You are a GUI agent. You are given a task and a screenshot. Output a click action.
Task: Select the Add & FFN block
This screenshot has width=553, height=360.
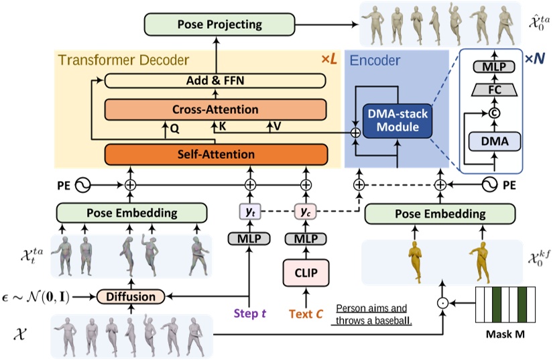[x=215, y=80]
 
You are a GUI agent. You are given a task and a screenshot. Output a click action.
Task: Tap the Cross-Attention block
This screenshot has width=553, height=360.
[x=215, y=109]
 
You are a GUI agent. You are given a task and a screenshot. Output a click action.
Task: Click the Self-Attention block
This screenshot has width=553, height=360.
[x=215, y=154]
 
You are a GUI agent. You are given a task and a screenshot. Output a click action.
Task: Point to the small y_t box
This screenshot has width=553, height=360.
[x=249, y=213]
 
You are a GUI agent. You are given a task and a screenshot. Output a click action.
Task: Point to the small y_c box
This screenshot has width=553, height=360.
[x=304, y=213]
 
